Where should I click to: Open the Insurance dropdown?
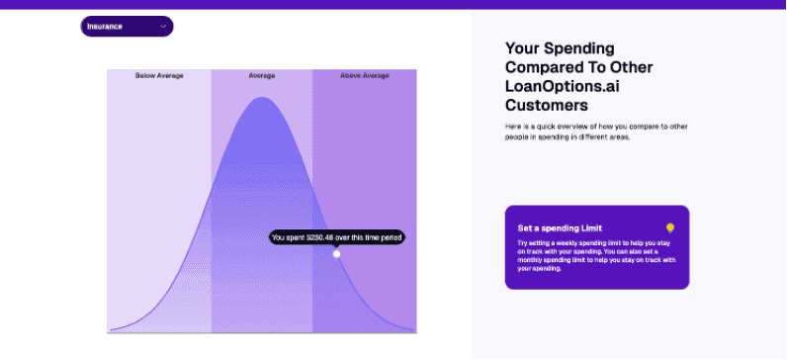[x=127, y=27]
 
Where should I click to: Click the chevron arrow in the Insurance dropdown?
[x=163, y=27]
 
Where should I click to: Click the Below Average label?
[x=159, y=75]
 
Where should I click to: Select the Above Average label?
[x=365, y=75]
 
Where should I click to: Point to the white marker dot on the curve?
[x=336, y=254]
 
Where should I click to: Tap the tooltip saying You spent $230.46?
[x=337, y=237]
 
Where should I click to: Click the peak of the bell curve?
[x=262, y=99]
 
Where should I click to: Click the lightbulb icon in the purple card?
[x=669, y=227]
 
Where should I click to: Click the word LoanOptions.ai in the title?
[x=560, y=86]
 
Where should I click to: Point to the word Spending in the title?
[x=578, y=47]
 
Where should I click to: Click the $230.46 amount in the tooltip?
[x=321, y=237]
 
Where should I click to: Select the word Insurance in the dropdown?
[x=105, y=27]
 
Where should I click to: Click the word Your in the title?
[x=522, y=47]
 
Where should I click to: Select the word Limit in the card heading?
[x=590, y=227]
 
